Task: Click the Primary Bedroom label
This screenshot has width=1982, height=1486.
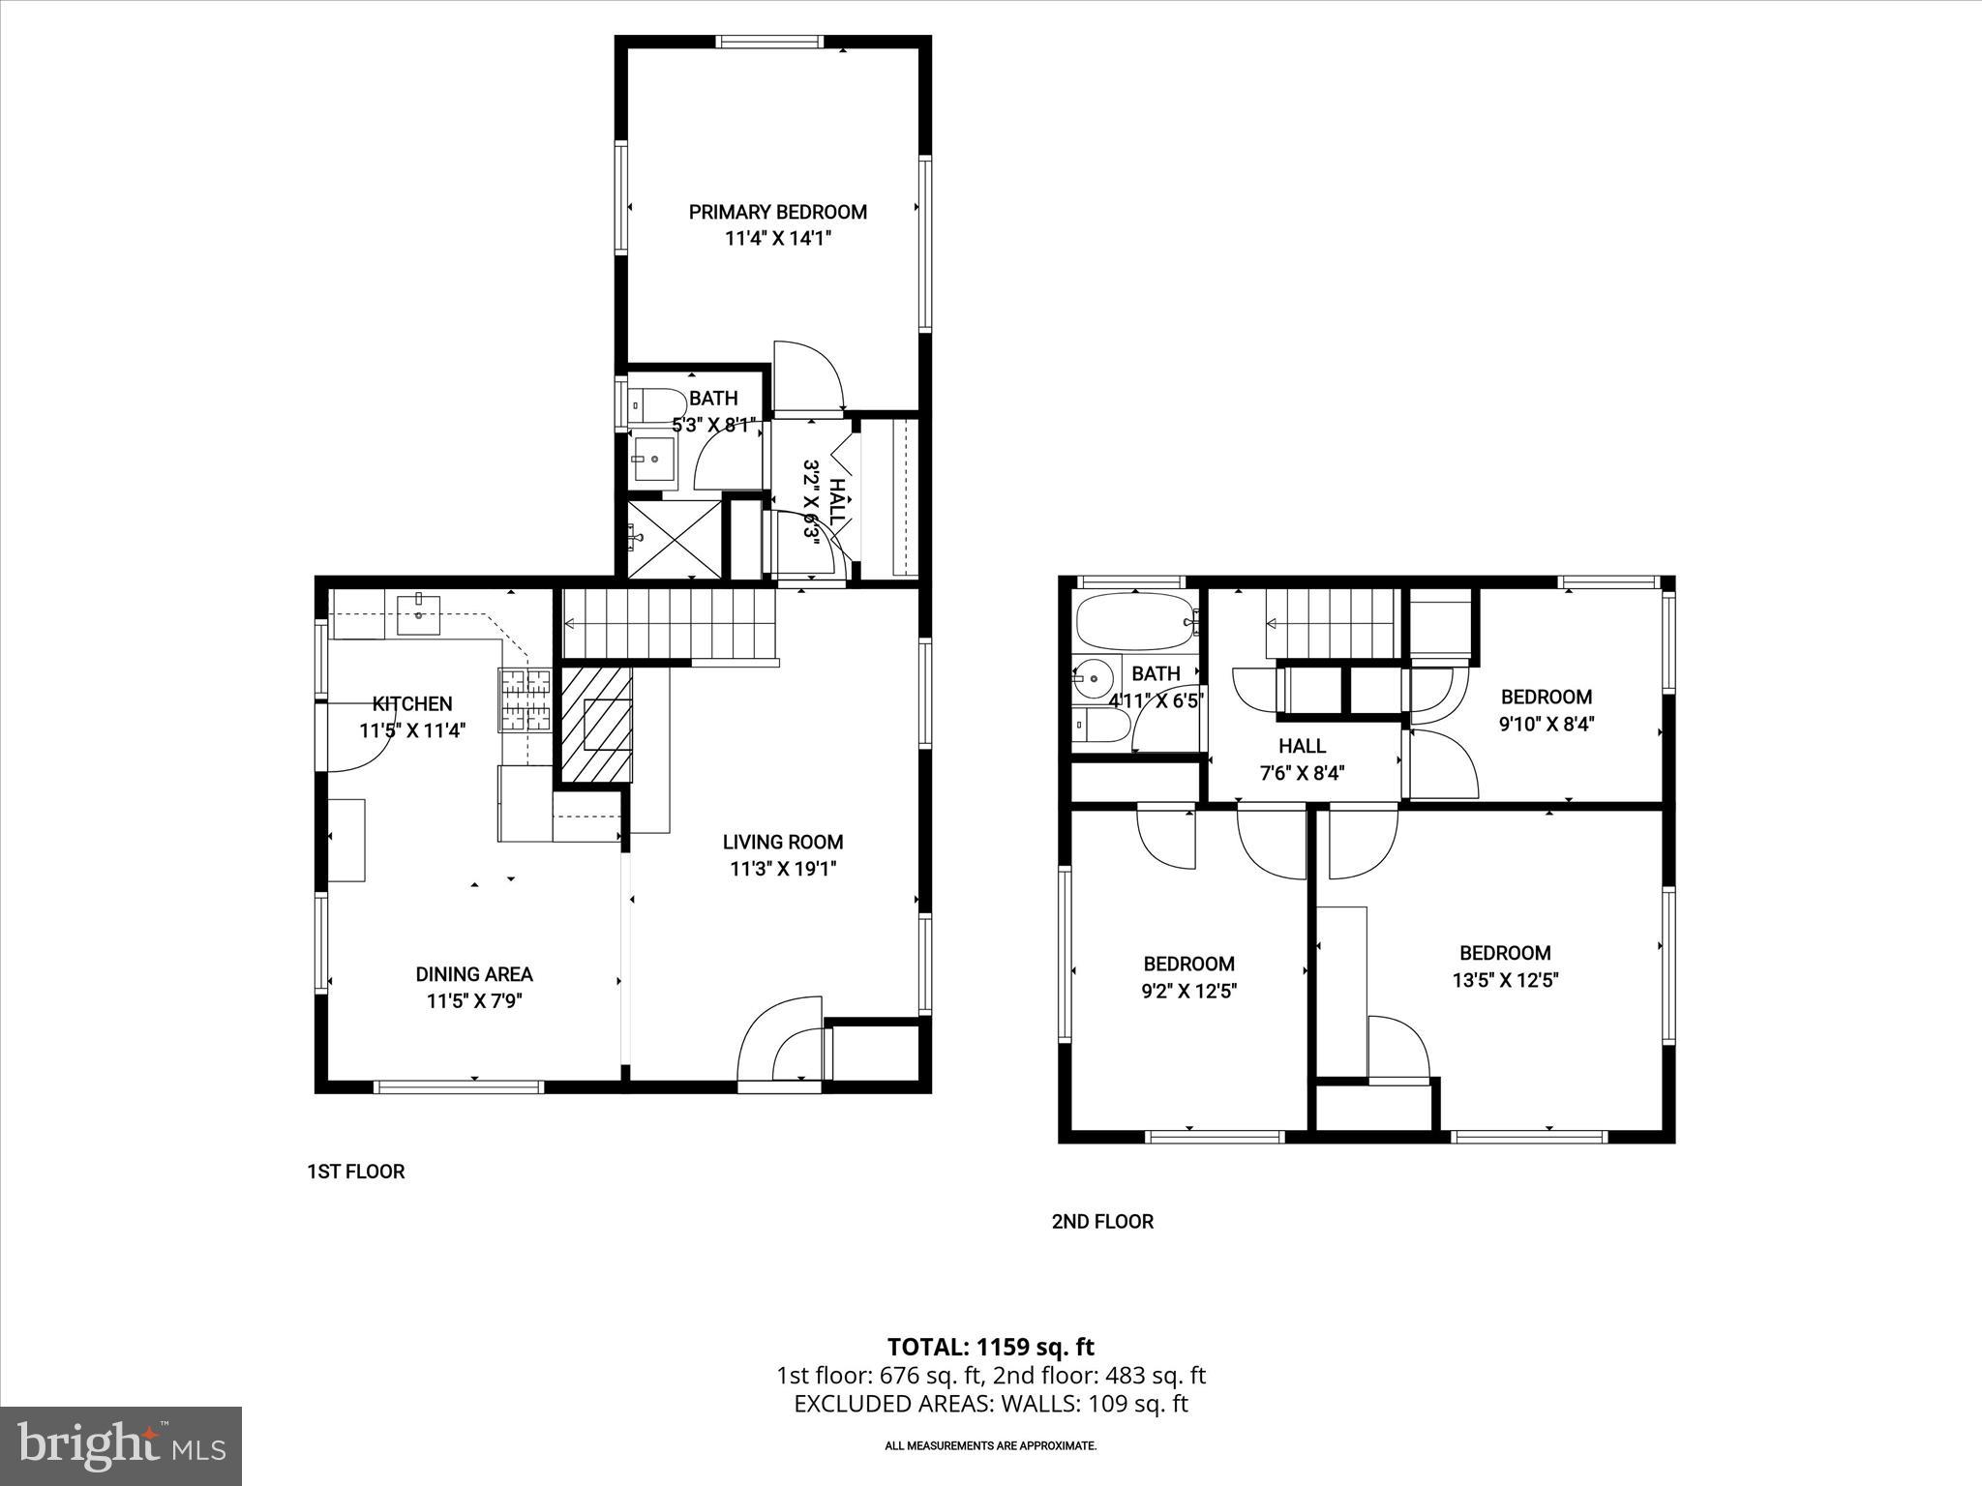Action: (x=777, y=212)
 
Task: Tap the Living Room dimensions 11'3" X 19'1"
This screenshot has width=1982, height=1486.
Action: (x=783, y=869)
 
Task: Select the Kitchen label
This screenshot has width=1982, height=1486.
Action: (x=412, y=703)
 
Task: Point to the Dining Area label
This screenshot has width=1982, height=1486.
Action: (x=474, y=974)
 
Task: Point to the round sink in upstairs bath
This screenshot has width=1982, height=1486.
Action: (x=1096, y=677)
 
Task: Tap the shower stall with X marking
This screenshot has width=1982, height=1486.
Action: (x=675, y=538)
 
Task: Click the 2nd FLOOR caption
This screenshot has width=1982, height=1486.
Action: (x=1102, y=1222)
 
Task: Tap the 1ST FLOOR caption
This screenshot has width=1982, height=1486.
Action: (x=355, y=1172)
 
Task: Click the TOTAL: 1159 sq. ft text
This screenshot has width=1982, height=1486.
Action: (x=991, y=1347)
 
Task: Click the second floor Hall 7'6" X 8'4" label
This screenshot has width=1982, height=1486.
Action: (x=1302, y=759)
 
